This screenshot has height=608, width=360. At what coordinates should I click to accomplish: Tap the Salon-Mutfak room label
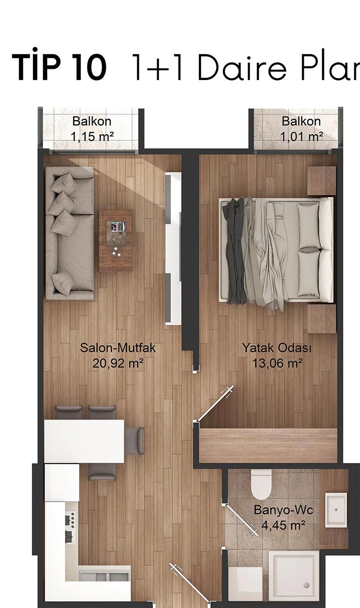coord(118,348)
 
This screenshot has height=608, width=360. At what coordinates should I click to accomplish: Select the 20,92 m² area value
coord(118,363)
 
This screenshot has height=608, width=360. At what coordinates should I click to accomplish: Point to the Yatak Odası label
coord(277,348)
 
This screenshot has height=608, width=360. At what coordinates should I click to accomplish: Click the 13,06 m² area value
coord(277,363)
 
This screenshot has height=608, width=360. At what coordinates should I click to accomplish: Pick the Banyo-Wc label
coord(284,510)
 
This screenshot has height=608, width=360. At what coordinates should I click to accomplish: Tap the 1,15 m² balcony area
coord(92,136)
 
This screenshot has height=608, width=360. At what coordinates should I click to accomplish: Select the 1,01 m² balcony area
coord(301,136)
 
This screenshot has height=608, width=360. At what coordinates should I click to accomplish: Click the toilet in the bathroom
coord(261,485)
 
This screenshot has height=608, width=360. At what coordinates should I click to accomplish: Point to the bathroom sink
coord(336,510)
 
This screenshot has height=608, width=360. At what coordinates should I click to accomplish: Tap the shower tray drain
coord(307,591)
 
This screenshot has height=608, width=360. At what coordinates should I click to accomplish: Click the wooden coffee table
coord(115,241)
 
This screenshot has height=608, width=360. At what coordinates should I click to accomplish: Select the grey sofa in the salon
coord(70,233)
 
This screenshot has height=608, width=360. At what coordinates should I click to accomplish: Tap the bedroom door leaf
coord(215,403)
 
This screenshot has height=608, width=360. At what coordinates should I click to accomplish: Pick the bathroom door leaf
coord(242,521)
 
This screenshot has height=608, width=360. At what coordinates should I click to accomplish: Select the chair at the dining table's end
coord(134,441)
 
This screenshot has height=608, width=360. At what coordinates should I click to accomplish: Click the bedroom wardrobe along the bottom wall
coord(268,445)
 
